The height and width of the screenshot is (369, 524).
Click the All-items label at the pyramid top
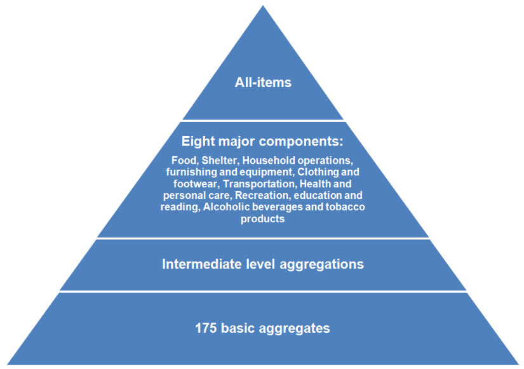point(262,83)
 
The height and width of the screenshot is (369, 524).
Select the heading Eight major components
point(262,141)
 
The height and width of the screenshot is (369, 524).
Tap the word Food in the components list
point(184,160)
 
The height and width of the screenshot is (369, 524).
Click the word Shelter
point(220,160)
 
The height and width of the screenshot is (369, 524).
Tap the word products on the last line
point(262,219)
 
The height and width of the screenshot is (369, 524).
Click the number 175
point(206,328)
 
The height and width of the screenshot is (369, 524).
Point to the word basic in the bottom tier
point(240,328)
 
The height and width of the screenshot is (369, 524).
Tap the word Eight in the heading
point(197,141)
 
